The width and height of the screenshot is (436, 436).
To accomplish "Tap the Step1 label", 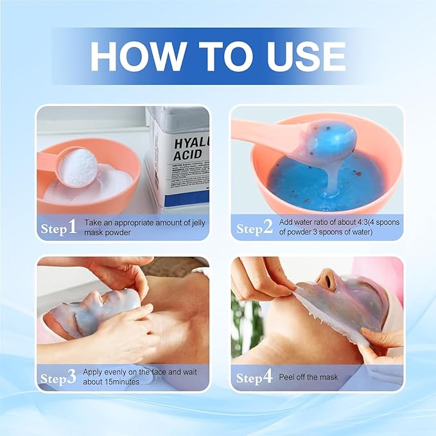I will [x=59, y=227].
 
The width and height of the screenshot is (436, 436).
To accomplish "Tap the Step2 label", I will [x=254, y=228].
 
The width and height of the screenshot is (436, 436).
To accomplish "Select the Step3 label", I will [x=59, y=378].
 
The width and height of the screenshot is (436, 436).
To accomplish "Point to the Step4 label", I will [x=254, y=378].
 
